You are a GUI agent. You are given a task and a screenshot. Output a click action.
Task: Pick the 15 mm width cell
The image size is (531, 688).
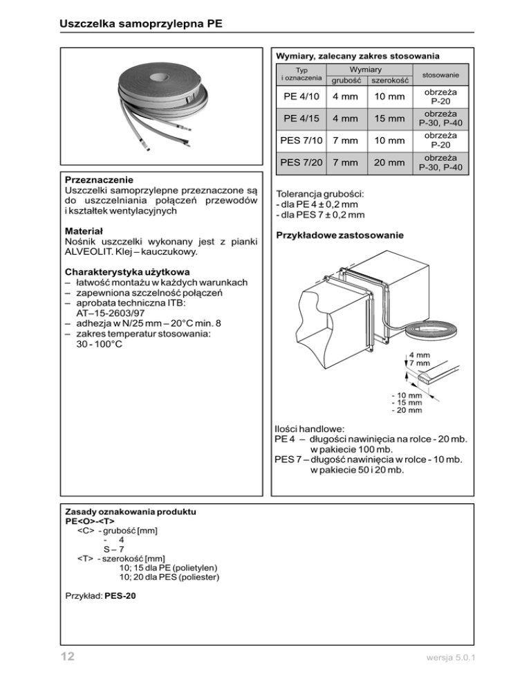click(x=385, y=118)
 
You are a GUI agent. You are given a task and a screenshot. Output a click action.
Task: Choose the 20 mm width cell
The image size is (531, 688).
click(x=385, y=163)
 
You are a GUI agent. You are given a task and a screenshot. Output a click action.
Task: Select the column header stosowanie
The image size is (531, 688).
click(x=442, y=75)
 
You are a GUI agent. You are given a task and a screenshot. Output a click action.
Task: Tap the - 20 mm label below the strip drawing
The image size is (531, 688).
click(x=407, y=410)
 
